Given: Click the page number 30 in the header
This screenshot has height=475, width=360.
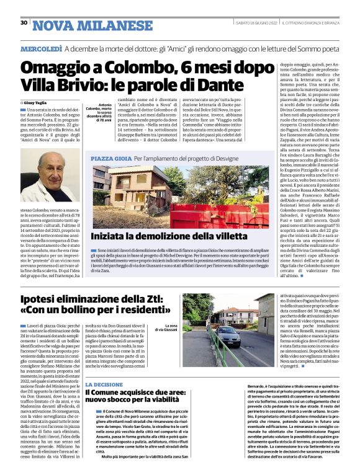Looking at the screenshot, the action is pyautogui.click(x=24, y=23).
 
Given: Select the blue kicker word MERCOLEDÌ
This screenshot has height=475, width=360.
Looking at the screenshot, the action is pyautogui.click(x=41, y=48).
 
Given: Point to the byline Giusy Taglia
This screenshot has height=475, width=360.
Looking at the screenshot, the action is pyautogui.click(x=39, y=102).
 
